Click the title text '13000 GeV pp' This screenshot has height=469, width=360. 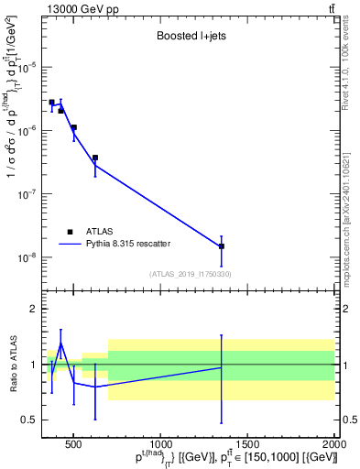pyautogui.click(x=77, y=9)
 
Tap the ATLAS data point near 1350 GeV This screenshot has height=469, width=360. pyautogui.click(x=222, y=246)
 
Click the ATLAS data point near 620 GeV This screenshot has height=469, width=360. pyautogui.click(x=95, y=158)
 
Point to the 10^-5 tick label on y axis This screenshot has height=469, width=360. pyautogui.click(x=27, y=67)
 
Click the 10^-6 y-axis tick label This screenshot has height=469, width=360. pyautogui.click(x=27, y=131)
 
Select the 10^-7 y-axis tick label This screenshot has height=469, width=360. pyautogui.click(x=27, y=194)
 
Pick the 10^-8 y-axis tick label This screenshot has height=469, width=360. pyautogui.click(x=27, y=257)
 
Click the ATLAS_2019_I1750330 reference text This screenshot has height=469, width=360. pyautogui.click(x=190, y=274)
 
